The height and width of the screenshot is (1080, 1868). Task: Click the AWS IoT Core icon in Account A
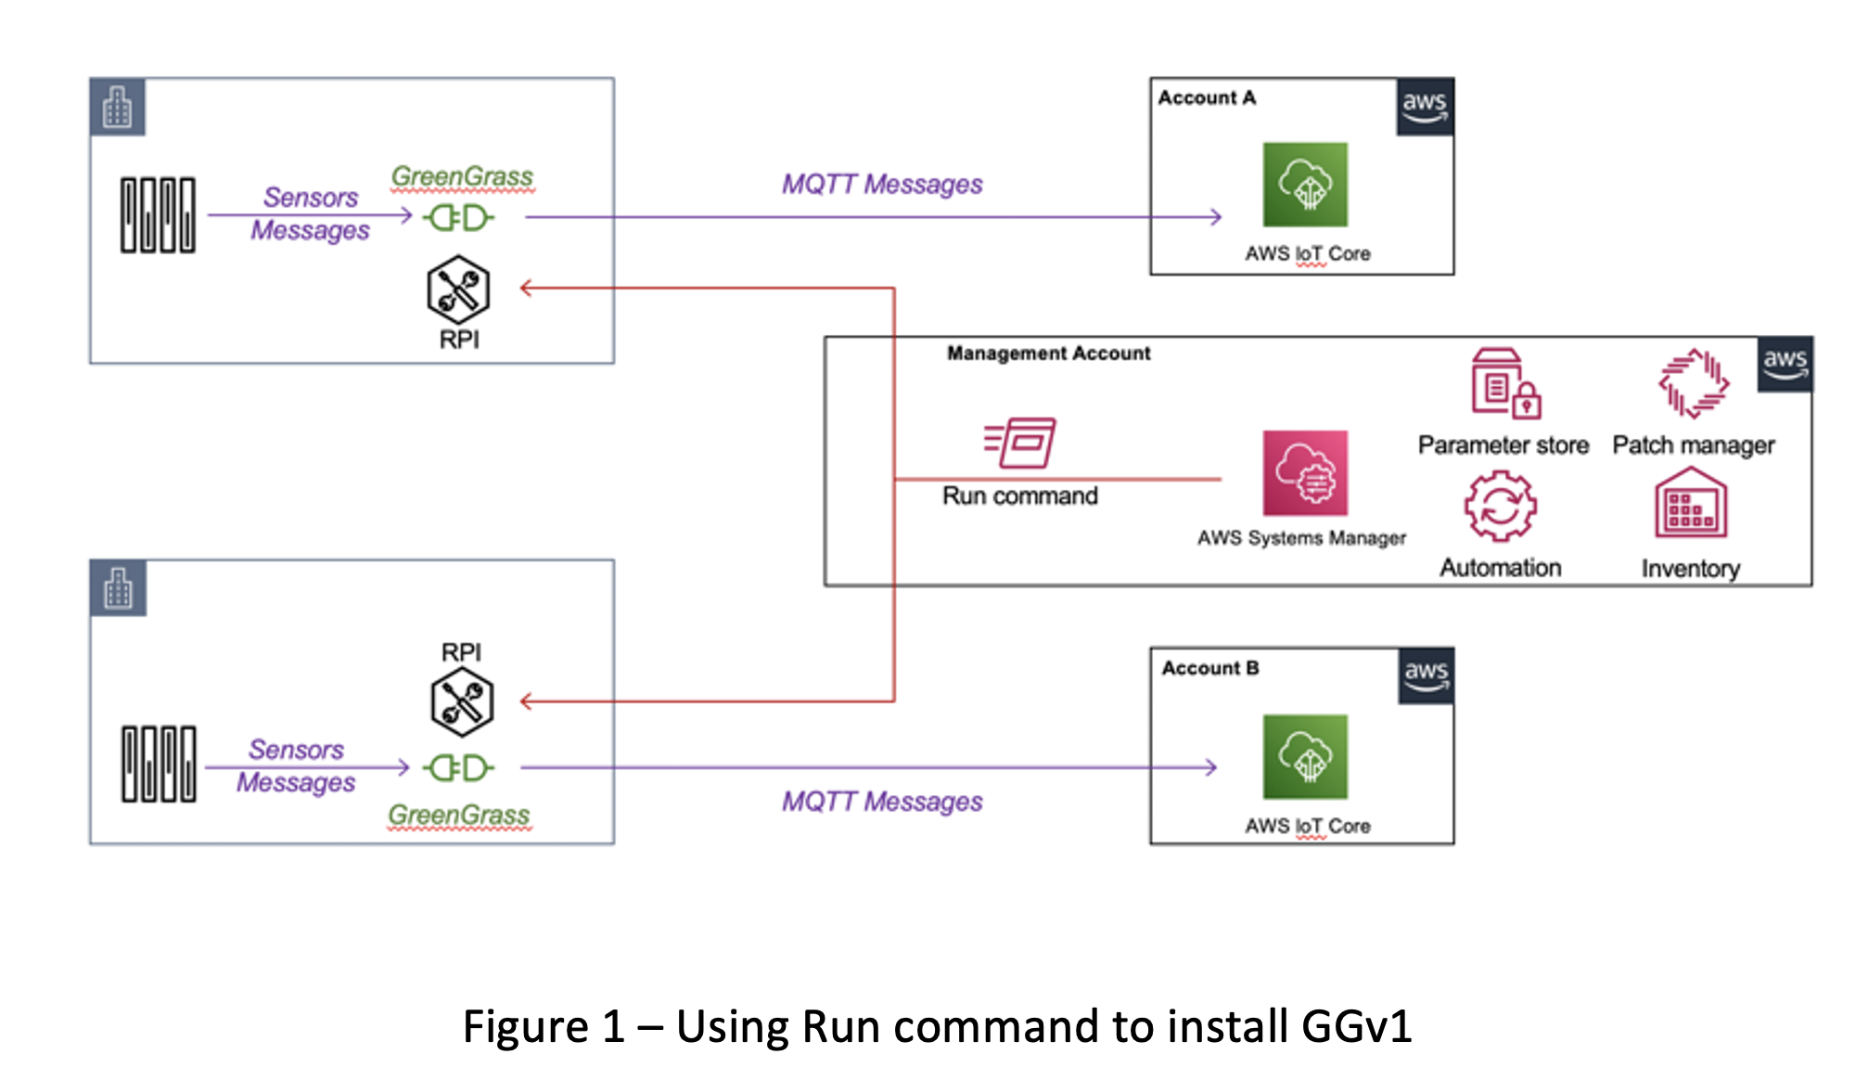1305,185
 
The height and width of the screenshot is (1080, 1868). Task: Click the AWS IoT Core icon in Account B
1305,756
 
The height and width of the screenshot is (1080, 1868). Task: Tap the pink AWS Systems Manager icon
1305,473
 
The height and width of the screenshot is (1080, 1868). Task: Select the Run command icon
1020,443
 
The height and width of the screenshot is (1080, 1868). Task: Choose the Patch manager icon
1694,383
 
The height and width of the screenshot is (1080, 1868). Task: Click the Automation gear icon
1500,507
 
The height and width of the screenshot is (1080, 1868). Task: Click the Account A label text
1207,97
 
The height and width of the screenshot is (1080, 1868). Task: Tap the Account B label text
1210,668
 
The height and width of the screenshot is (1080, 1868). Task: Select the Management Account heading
1048,354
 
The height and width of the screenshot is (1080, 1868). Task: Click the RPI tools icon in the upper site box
458,289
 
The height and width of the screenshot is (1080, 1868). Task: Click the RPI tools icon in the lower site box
462,701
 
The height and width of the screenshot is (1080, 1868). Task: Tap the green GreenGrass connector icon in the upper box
458,218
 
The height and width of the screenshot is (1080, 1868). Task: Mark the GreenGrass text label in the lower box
459,815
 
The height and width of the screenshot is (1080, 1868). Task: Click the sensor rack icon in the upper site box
158,214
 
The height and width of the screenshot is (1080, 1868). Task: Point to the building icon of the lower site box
118,588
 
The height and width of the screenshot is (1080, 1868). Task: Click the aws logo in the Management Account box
1785,364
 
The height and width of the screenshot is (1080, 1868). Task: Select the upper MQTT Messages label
882,185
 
